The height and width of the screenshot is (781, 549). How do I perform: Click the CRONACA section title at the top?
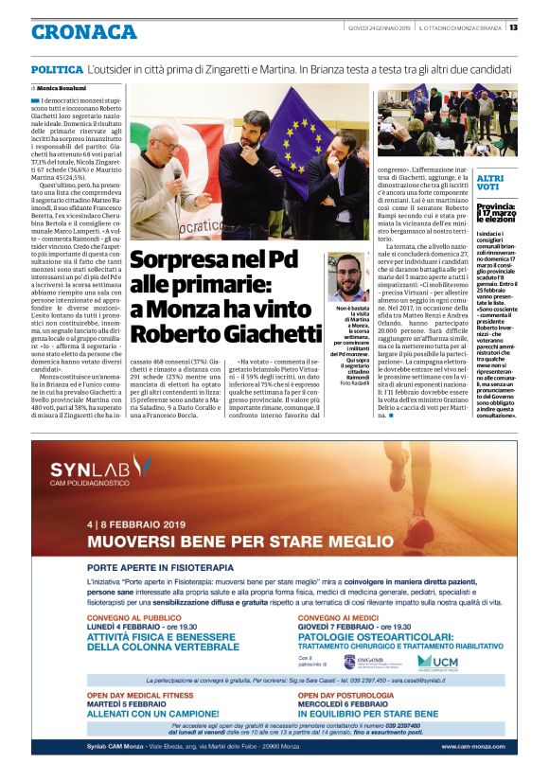click(83, 32)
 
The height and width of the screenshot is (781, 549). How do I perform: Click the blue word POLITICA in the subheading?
click(55, 71)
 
